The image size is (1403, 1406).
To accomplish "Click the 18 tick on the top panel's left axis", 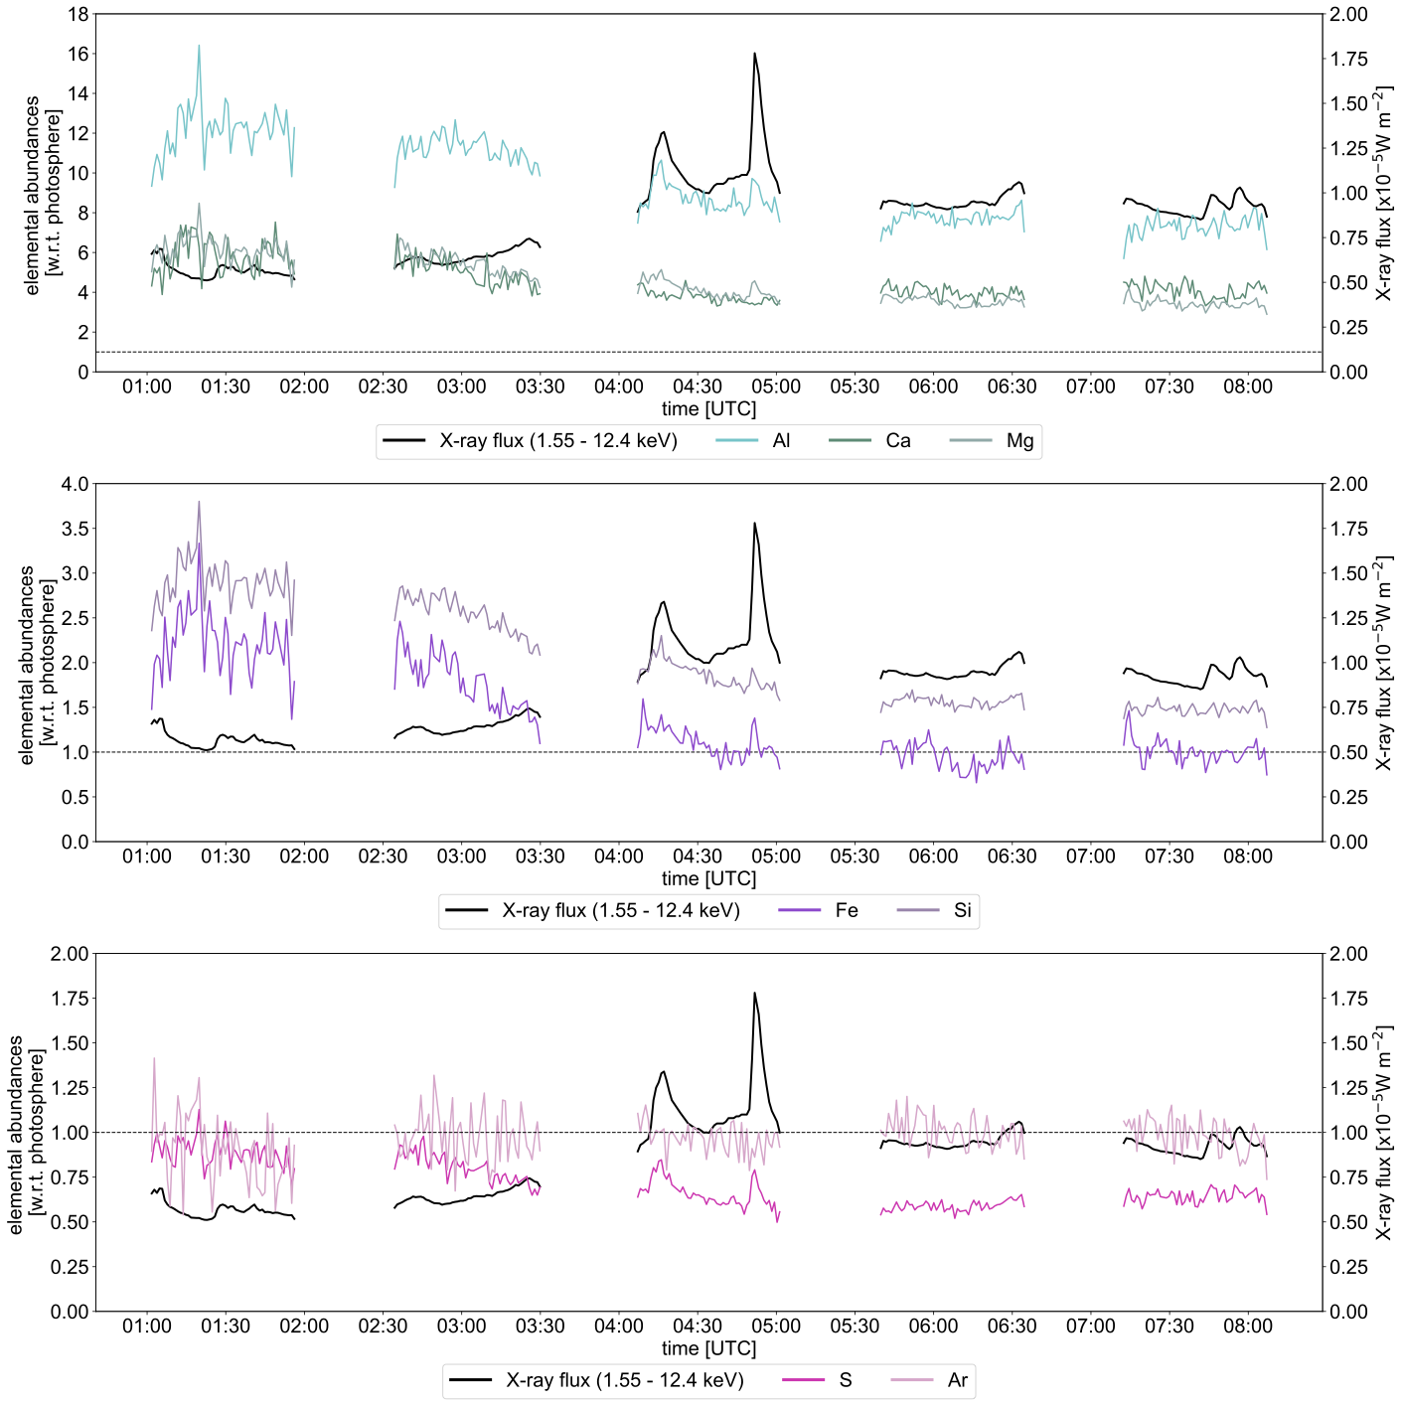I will pos(78,15).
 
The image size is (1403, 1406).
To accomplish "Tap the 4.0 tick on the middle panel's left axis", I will pos(76,485).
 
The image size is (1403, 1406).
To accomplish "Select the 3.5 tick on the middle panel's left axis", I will pos(76,529).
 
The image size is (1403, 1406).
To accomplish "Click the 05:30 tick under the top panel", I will pos(855,387).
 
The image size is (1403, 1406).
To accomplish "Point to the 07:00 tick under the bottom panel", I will pos(1090,1327).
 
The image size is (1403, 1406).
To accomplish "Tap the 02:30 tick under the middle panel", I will pos(383,857).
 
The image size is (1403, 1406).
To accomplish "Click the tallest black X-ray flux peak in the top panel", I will pos(754,54).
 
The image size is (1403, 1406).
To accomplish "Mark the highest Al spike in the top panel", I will pos(199,46).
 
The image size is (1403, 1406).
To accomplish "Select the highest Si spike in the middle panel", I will pos(199,502).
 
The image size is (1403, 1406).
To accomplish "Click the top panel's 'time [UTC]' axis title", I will pos(708,408).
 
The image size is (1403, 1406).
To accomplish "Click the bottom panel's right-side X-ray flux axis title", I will pos(1384,1133).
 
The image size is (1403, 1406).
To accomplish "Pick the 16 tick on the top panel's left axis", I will pos(78,55).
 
